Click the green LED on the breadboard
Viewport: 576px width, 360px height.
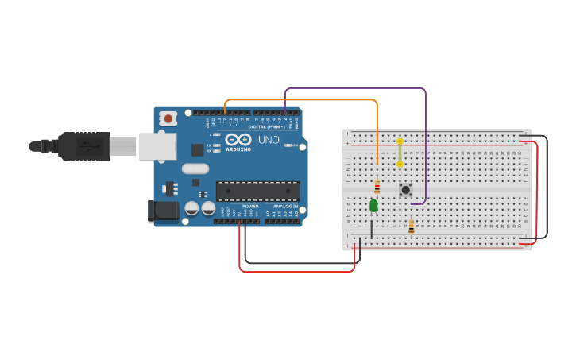click(x=373, y=206)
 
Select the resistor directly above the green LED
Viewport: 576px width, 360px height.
click(x=377, y=188)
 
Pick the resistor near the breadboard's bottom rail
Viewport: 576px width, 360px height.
click(x=411, y=227)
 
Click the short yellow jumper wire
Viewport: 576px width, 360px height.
click(x=400, y=153)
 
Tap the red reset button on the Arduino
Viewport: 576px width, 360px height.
click(x=168, y=118)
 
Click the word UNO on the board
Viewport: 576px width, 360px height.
click(x=269, y=140)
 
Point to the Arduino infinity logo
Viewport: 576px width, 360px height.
click(x=238, y=139)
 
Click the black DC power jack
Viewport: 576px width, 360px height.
click(x=162, y=211)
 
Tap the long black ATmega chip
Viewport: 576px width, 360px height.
click(x=257, y=191)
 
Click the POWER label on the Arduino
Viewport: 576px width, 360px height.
click(x=250, y=206)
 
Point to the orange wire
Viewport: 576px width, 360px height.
click(x=302, y=100)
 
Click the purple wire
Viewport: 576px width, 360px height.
click(x=358, y=88)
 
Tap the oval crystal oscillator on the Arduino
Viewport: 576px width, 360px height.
click(x=195, y=168)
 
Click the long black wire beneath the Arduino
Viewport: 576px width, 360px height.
click(x=302, y=263)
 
